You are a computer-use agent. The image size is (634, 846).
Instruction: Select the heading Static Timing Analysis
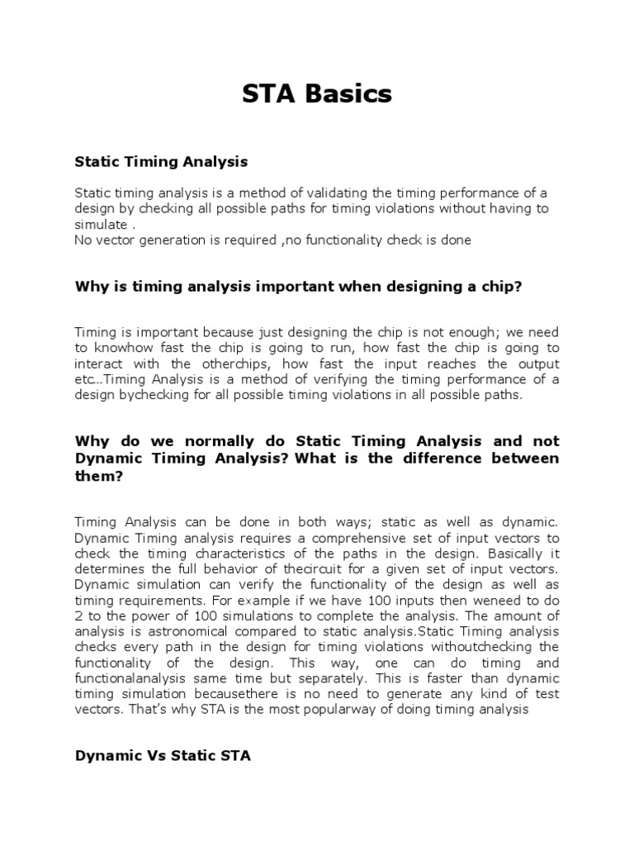161,161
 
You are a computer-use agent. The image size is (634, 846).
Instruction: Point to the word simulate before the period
100,225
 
